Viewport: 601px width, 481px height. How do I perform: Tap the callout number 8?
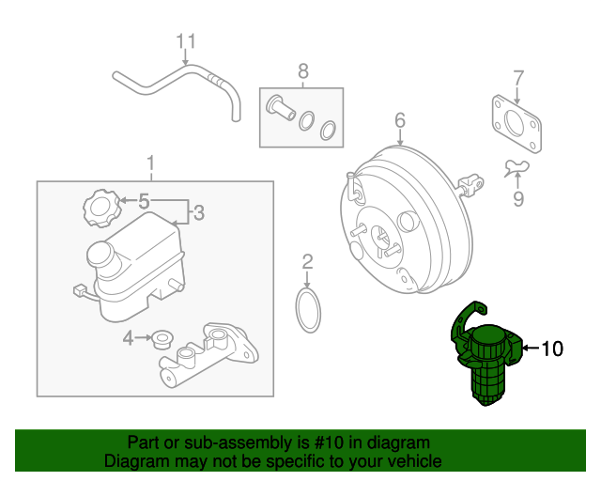(x=302, y=70)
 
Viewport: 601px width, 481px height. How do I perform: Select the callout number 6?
(x=399, y=120)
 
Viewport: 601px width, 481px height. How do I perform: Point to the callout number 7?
(x=517, y=77)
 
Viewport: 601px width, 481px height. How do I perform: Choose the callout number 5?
(x=144, y=200)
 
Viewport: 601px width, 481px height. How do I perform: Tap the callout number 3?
(x=198, y=214)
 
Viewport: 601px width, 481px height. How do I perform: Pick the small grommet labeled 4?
(x=161, y=336)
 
